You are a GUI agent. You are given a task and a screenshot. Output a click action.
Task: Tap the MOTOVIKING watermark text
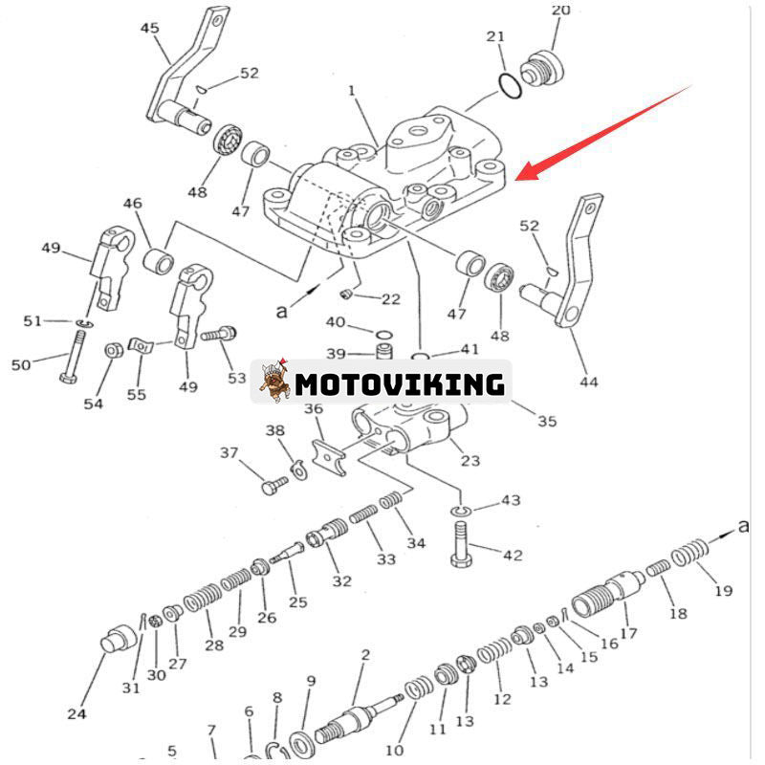click(399, 384)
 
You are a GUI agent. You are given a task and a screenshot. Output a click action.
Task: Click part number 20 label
click(560, 11)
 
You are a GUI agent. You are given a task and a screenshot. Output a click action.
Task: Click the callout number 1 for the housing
click(352, 91)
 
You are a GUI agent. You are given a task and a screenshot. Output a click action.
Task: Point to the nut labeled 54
click(111, 350)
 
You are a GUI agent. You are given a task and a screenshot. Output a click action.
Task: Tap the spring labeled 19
click(689, 555)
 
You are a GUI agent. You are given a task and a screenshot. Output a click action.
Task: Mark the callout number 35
click(546, 421)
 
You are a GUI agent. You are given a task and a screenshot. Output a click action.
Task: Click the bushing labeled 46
click(158, 260)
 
